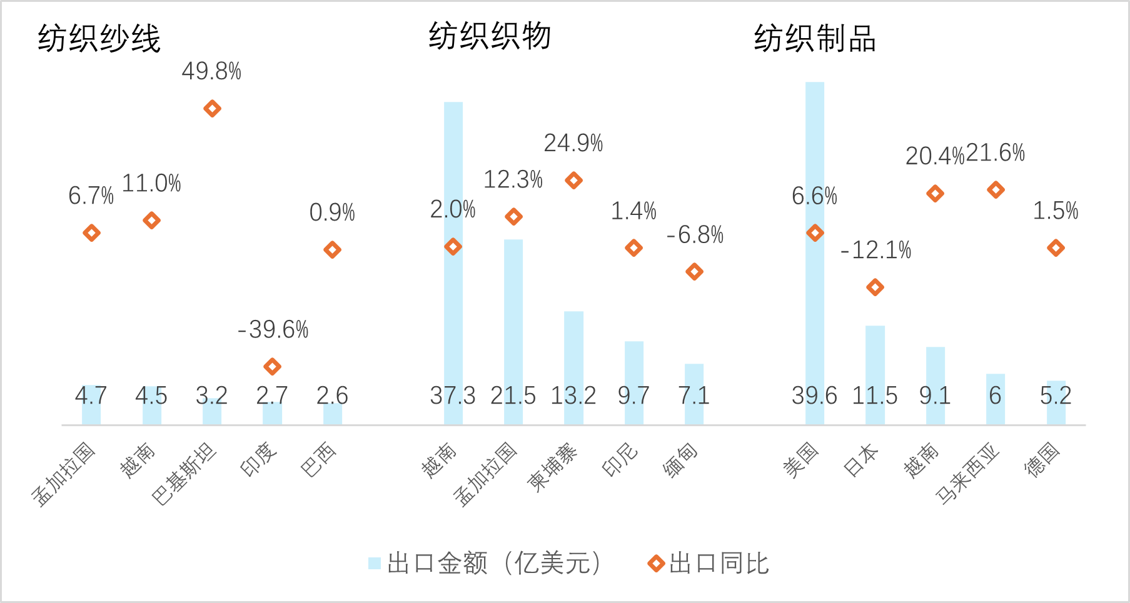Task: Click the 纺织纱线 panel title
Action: click(x=99, y=39)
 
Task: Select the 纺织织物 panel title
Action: click(x=490, y=36)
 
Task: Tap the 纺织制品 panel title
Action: click(x=814, y=39)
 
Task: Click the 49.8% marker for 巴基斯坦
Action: click(x=212, y=109)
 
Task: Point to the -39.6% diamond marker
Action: click(x=272, y=366)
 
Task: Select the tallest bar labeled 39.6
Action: click(x=814, y=250)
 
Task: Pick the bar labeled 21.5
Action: click(x=513, y=331)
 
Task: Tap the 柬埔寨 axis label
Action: click(x=553, y=467)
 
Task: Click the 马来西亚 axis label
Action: click(x=967, y=474)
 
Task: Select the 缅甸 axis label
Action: click(x=680, y=461)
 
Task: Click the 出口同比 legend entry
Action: click(x=709, y=564)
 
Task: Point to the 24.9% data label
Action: click(x=573, y=144)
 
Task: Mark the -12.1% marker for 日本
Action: click(x=875, y=287)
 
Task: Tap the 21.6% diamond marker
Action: click(x=996, y=190)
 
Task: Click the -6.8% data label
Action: click(x=695, y=236)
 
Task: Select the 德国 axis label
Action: click(x=1042, y=460)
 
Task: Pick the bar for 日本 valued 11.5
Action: click(x=875, y=375)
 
